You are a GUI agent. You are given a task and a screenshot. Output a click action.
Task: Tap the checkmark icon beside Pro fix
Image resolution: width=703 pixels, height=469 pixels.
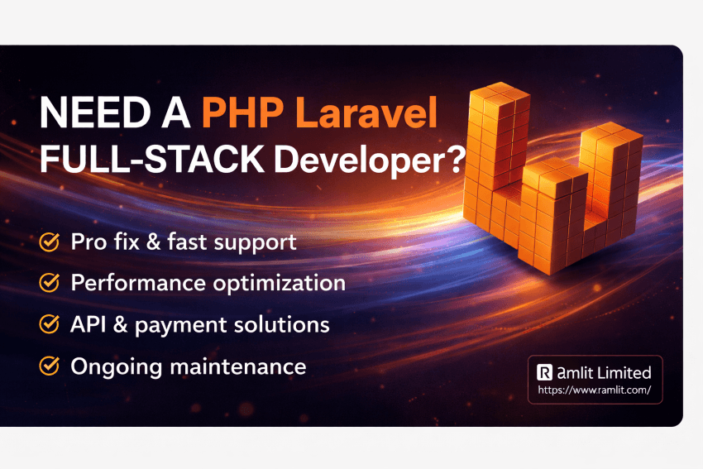(x=50, y=242)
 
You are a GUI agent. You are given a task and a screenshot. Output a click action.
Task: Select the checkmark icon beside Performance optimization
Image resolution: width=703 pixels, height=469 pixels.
(x=50, y=283)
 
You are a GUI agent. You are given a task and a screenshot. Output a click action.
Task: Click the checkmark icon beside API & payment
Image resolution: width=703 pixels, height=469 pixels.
(x=50, y=324)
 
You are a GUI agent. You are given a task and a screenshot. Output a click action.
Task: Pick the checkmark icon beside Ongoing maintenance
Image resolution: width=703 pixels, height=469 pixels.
(x=50, y=365)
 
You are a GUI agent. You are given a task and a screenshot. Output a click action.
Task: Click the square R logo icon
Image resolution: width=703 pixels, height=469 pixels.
(x=544, y=373)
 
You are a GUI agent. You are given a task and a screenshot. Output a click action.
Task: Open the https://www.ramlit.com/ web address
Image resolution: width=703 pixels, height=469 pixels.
(x=595, y=389)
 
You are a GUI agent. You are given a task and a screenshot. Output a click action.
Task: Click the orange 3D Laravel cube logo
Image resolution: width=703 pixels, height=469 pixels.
(x=546, y=178)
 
